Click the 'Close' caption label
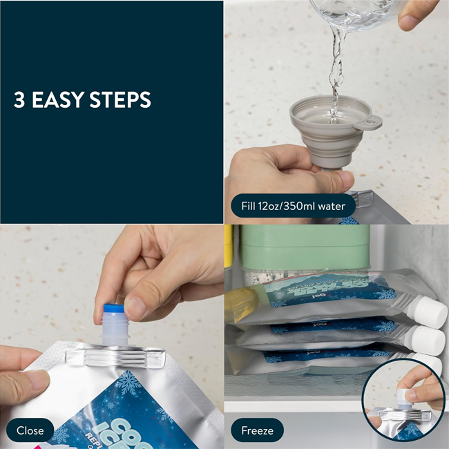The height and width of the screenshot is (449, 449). point(30,430)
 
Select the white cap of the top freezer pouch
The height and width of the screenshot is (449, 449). point(432,313)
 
